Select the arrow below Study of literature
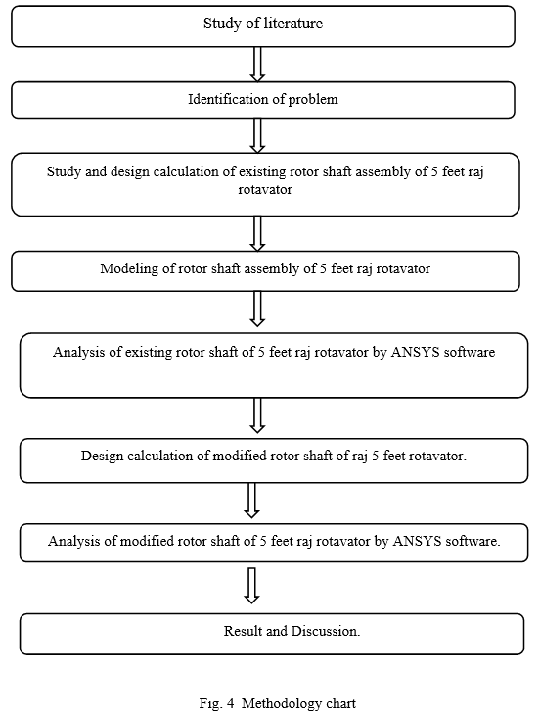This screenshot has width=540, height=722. (257, 65)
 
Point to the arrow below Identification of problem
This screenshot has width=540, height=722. (257, 135)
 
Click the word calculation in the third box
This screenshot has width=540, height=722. (186, 171)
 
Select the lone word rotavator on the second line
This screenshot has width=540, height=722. (265, 190)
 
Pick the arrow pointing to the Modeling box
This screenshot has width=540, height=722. (257, 234)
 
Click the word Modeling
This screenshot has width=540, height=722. (129, 268)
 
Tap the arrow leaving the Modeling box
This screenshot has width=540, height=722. (257, 309)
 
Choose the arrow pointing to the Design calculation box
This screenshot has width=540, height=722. (257, 415)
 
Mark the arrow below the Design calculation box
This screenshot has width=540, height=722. (251, 501)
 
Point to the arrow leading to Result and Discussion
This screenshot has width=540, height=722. (251, 586)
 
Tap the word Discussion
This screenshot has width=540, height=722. (326, 631)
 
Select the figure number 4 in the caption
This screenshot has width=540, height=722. (231, 703)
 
